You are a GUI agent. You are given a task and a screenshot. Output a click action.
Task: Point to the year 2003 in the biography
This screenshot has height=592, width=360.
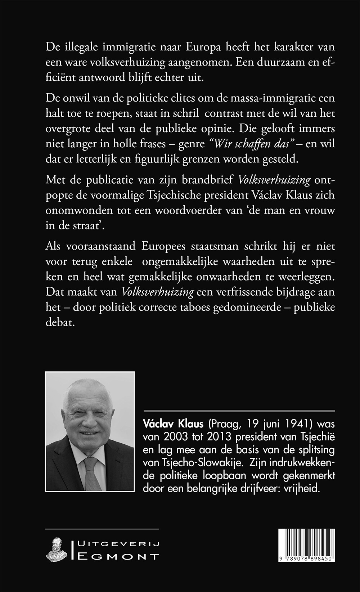coord(176,437)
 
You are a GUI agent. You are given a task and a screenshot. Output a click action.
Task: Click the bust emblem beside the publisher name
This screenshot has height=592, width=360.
coord(55,550)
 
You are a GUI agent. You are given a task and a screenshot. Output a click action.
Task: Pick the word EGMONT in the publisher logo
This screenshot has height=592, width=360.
coord(119,557)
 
